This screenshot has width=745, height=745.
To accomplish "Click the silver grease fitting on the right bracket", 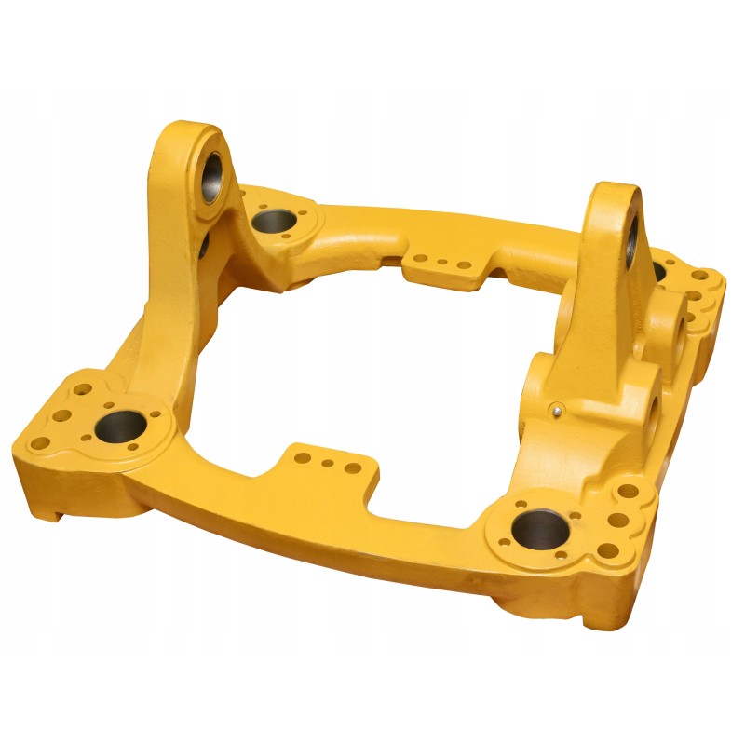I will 556,407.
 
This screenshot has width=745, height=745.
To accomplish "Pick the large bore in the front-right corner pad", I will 541,529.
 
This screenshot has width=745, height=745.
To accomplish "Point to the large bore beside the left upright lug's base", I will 274,221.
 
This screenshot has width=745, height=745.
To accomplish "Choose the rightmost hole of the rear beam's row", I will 463,265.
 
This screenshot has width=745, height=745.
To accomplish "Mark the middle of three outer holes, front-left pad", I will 61,416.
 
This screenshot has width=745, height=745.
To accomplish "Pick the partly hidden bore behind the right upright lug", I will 659,270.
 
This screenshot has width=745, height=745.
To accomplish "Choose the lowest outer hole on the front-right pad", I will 608,550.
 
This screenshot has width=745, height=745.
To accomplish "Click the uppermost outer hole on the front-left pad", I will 82,390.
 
